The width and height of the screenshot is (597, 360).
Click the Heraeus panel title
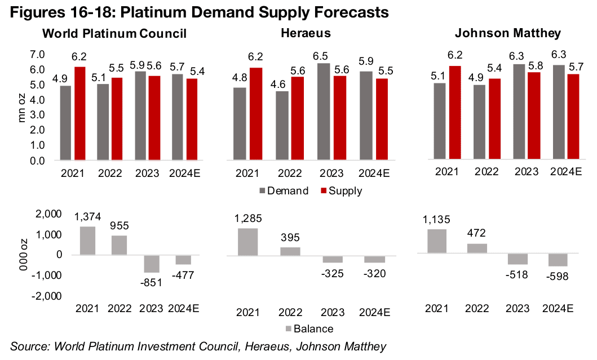pyautogui.click(x=306, y=33)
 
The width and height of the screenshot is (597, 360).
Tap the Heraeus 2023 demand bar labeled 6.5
pyautogui.click(x=324, y=112)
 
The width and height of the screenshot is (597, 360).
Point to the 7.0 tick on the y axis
pyautogui.click(x=37, y=55)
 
